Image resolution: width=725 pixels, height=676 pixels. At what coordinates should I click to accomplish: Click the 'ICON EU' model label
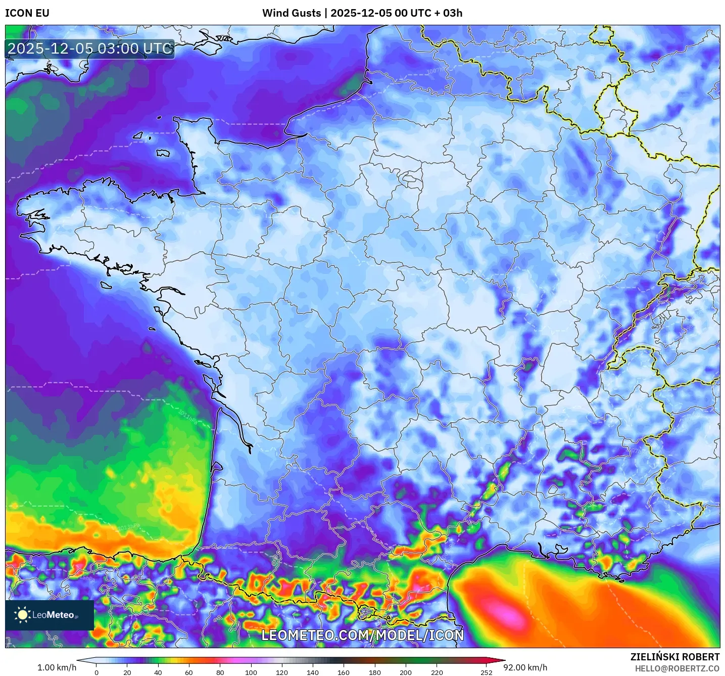pos(27,13)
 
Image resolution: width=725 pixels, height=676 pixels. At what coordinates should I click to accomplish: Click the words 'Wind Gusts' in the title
pos(292,13)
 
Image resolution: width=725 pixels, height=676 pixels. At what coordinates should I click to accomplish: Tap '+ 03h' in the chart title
pos(448,13)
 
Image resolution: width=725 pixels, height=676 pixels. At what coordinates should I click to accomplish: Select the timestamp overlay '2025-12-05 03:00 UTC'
pos(90,49)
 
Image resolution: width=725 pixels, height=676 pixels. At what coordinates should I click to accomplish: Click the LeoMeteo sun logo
pos(22,614)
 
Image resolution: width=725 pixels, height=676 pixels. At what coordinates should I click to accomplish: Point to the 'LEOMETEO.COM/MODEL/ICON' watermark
pos(362,635)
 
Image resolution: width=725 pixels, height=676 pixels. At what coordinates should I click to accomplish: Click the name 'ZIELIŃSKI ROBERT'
pos(675,657)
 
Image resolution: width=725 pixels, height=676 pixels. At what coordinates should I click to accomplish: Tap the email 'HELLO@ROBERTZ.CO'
pos(677,668)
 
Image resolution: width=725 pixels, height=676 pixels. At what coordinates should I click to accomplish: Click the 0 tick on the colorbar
pos(96,672)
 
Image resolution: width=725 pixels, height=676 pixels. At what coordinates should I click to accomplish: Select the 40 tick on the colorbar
pos(158,672)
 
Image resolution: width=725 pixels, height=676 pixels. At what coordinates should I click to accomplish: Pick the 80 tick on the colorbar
pos(220,672)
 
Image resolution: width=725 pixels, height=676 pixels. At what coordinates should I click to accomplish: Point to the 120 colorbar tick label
pos(282,672)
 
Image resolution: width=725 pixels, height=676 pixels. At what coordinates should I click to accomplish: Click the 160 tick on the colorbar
pos(344,672)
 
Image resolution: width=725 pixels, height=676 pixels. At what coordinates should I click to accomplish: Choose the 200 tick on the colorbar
pos(405,672)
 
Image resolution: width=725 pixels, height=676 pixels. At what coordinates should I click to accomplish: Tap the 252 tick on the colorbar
pos(486,672)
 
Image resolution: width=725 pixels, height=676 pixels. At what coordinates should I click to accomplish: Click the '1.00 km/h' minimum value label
pos(57,667)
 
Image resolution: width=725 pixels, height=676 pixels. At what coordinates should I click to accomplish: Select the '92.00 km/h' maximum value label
pos(525,667)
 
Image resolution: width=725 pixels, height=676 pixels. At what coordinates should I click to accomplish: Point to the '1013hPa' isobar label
pos(128,527)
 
